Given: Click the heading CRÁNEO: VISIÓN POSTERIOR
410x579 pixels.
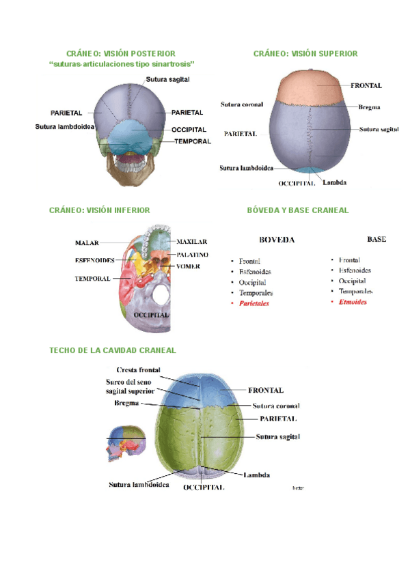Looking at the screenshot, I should (120, 53).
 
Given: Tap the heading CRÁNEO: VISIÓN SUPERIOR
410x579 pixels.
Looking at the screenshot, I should (305, 53).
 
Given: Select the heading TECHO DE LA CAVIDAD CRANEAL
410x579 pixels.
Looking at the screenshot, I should (113, 350).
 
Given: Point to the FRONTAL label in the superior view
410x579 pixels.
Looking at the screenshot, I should (366, 86).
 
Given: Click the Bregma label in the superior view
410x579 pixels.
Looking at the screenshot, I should (369, 107).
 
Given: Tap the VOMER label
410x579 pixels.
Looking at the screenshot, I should (188, 266).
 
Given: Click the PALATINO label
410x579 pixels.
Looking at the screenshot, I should (192, 255).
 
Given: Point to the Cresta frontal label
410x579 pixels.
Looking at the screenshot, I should (139, 370).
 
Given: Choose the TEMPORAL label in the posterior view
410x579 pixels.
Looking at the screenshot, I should (191, 141).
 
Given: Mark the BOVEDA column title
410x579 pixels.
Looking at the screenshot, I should (277, 240).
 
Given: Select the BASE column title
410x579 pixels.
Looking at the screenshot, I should (377, 240).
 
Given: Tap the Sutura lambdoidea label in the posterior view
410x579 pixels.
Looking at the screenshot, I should (64, 126).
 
